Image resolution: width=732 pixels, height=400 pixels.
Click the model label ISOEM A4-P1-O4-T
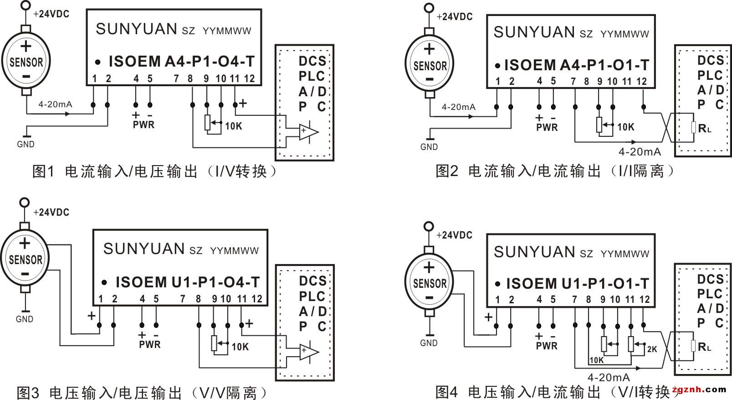[181, 62]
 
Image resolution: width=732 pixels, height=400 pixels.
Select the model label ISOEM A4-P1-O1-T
[576, 65]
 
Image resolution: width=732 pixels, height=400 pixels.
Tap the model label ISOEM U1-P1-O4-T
[188, 282]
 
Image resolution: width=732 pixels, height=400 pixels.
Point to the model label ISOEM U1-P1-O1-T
[577, 284]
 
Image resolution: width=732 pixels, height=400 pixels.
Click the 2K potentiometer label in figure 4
[652, 349]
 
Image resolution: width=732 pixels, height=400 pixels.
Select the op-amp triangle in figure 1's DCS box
[308, 131]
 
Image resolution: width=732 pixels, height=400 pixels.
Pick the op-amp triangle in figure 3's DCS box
[308, 351]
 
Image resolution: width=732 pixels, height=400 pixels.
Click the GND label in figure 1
[26, 144]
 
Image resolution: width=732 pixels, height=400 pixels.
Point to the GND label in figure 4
[429, 343]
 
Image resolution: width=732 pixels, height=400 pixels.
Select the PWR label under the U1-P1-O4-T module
[150, 344]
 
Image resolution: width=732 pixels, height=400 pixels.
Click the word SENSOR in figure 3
[26, 260]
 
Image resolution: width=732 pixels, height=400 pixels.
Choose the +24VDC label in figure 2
[455, 17]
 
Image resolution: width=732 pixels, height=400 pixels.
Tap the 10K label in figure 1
[234, 126]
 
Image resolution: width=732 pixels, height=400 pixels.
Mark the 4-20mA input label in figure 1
[55, 104]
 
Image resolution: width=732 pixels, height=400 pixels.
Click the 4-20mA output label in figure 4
[609, 378]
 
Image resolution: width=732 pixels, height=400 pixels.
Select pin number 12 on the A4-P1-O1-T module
[641, 82]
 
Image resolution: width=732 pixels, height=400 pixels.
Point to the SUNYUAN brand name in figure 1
[136, 29]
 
